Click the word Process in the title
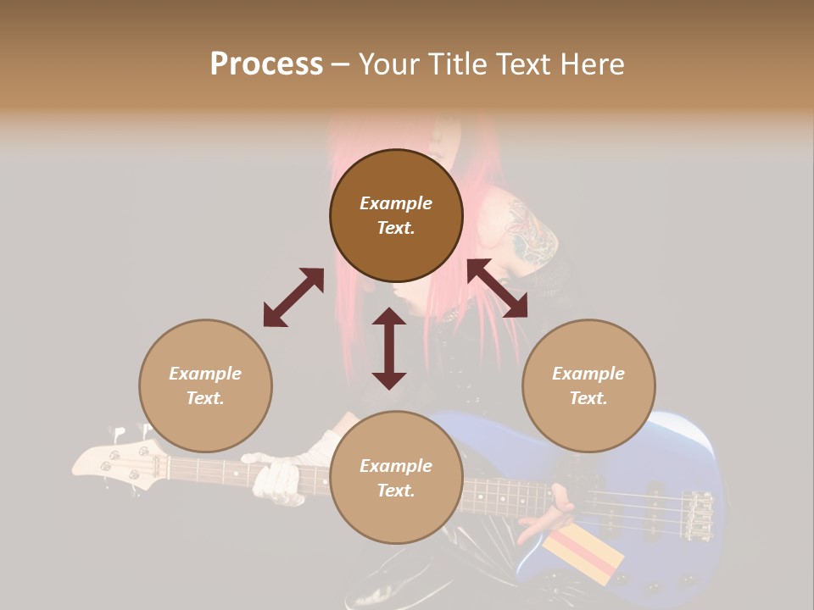[x=266, y=64]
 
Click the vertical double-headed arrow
[x=389, y=347]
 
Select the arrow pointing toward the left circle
[x=293, y=297]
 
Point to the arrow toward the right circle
[x=498, y=288]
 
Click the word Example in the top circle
[x=396, y=203]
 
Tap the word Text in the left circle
[x=205, y=398]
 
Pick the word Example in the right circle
[x=588, y=374]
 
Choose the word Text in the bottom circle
[x=396, y=491]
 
